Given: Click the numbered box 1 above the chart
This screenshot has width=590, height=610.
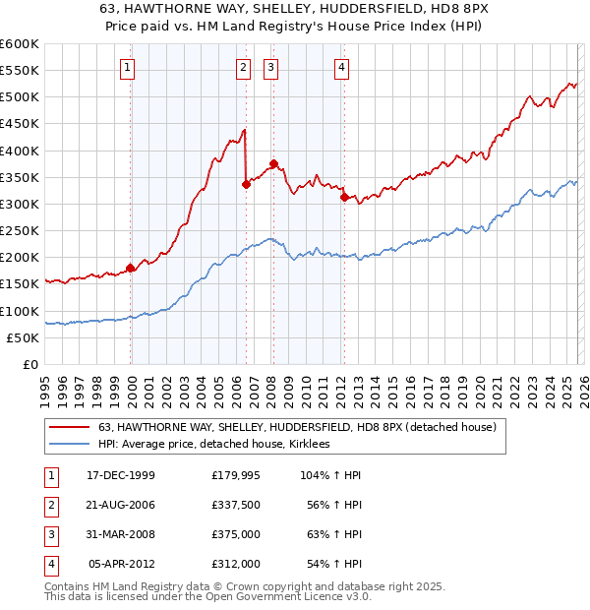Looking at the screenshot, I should (x=129, y=68).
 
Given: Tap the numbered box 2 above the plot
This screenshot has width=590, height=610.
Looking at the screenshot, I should (x=242, y=68).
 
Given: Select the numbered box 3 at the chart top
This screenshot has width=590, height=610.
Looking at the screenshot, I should (x=270, y=68).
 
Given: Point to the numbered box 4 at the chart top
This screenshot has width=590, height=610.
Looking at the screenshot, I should (x=340, y=68).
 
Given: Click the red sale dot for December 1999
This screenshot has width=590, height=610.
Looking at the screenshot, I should (x=131, y=268).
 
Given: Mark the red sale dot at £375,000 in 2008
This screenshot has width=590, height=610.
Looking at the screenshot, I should (x=273, y=163).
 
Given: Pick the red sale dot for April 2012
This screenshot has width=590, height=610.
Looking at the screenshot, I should (x=343, y=197).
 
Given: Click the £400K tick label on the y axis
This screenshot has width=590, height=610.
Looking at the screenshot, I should (x=20, y=151).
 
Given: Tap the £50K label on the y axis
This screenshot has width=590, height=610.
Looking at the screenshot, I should (x=24, y=337).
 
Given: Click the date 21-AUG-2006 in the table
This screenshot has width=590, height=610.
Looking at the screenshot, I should (x=121, y=505).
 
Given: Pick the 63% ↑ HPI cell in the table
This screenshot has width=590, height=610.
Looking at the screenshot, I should (x=333, y=534).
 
